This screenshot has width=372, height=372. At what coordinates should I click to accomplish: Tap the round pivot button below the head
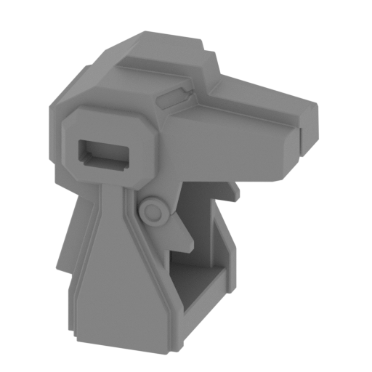coord(153,211)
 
